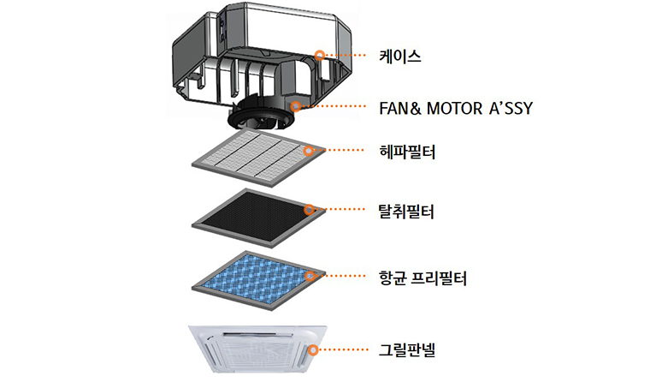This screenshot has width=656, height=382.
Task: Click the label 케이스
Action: click(x=399, y=57)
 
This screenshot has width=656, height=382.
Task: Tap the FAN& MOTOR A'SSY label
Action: click(x=456, y=109)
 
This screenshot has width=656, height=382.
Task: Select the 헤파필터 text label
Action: click(x=406, y=152)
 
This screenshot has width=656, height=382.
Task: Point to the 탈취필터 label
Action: click(x=406, y=212)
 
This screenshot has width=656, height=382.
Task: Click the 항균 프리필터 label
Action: click(x=423, y=278)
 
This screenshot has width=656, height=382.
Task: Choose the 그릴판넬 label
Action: click(x=406, y=349)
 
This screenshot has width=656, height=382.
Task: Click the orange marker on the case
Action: click(x=320, y=55)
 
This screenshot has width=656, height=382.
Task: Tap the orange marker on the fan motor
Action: click(x=296, y=106)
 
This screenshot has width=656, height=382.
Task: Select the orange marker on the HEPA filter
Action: click(x=309, y=151)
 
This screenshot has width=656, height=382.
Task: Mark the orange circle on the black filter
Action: click(x=309, y=210)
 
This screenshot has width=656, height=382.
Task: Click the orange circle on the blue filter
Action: click(x=310, y=276)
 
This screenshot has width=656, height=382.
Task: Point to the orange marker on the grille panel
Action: click(x=313, y=349)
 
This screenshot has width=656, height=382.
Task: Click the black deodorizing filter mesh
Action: click(x=256, y=217)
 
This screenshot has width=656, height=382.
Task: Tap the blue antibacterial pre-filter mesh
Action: click(x=257, y=280)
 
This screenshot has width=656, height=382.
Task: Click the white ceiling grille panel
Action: click(x=257, y=349)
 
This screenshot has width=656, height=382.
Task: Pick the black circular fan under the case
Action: click(x=262, y=115)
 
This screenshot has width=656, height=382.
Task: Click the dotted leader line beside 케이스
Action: click(x=346, y=55)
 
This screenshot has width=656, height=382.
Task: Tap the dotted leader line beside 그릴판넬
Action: click(x=343, y=349)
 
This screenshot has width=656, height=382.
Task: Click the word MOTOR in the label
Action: click(x=453, y=109)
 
